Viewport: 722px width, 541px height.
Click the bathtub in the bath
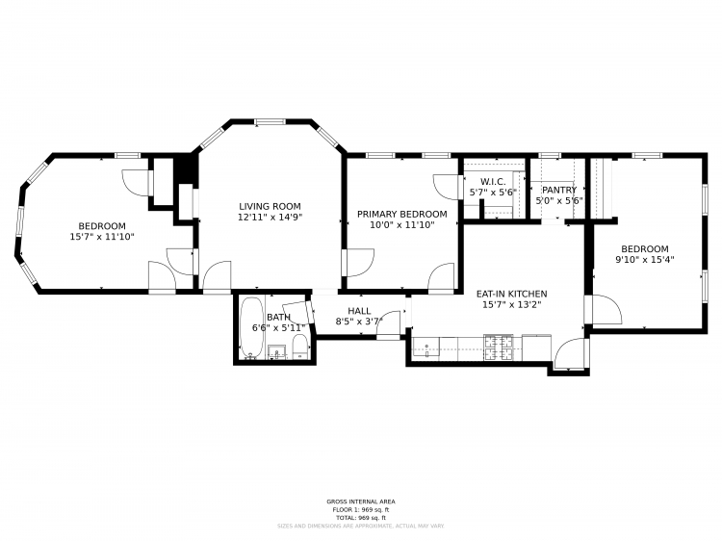251,328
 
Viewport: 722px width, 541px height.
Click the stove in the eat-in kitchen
501,347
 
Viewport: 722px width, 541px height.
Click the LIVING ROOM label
270,206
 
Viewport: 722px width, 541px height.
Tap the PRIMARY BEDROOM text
401,214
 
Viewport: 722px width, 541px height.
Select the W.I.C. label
492,181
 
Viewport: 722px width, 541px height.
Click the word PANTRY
558,190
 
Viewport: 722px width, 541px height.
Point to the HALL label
358,310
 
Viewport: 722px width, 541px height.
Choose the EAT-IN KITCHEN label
511,294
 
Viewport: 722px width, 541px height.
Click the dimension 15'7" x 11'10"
101,236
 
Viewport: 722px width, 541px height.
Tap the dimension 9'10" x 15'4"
644,259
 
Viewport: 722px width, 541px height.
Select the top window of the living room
270,121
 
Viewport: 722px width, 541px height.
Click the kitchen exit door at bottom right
570,353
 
